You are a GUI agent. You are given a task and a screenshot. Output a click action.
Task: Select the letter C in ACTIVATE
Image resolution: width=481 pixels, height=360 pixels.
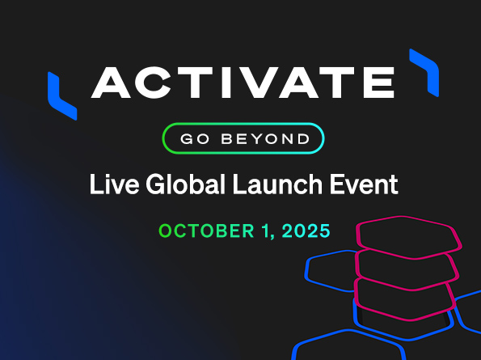pos(153,83)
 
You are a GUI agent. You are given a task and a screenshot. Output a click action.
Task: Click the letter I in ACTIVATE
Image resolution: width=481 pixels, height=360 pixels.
pos(226,83)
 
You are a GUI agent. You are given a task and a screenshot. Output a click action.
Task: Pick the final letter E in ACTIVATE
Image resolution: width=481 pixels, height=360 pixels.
pos(378,83)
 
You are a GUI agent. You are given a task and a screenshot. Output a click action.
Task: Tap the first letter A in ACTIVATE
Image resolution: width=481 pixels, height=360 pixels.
pos(111,83)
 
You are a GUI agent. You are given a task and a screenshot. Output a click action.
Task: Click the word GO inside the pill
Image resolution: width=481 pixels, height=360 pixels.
pos(195,138)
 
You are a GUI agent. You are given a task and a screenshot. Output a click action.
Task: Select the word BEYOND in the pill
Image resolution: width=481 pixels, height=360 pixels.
pos(266,138)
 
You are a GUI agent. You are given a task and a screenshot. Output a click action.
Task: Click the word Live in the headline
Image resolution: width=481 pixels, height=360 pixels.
pos(115,184)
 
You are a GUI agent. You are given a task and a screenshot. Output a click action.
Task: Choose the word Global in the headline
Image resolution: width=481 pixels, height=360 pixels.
pos(186,184)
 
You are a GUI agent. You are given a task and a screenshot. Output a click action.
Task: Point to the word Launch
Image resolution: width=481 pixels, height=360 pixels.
pos(277,184)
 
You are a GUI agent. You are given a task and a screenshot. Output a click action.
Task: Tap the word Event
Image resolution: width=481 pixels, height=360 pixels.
pos(364,184)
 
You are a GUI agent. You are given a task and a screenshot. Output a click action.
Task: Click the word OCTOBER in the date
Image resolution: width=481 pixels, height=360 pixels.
pos(206,231)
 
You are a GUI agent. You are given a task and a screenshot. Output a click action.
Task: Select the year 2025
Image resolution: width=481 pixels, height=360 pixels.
pos(306,231)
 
